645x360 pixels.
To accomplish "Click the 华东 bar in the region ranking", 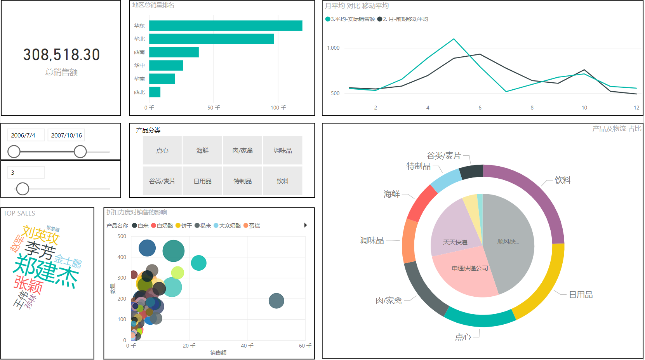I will point(225,26).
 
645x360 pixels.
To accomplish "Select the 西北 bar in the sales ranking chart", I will point(155,92).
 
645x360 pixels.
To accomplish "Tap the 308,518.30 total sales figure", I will point(61,55).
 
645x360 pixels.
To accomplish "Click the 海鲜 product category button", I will point(202,150).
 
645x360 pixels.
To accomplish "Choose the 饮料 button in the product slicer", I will point(282,181).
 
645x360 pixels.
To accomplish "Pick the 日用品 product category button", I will point(202,181).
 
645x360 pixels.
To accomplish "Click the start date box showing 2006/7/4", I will point(26,135).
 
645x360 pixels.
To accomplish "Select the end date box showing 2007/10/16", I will point(66,135).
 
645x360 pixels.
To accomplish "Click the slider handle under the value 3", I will point(23,189).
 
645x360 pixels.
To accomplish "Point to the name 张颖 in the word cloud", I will point(28,285).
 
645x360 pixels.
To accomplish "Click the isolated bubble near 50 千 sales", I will point(276,301).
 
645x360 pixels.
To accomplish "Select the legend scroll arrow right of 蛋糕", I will point(306,225).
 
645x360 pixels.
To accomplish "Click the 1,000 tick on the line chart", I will point(333,48).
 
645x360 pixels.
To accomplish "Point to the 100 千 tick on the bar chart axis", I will point(278,108).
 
